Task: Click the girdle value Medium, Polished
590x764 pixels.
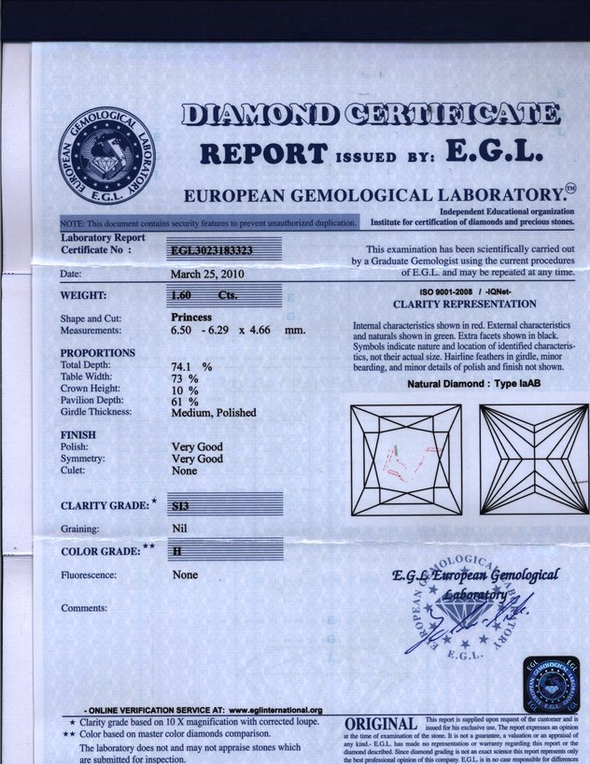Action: (213, 412)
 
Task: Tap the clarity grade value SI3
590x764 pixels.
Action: (182, 505)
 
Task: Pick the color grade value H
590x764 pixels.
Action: (176, 552)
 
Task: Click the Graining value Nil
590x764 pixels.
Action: (180, 528)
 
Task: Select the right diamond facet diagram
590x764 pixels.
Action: (533, 460)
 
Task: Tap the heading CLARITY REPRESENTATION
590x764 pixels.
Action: (464, 304)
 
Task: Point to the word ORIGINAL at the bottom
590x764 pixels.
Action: (380, 725)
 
